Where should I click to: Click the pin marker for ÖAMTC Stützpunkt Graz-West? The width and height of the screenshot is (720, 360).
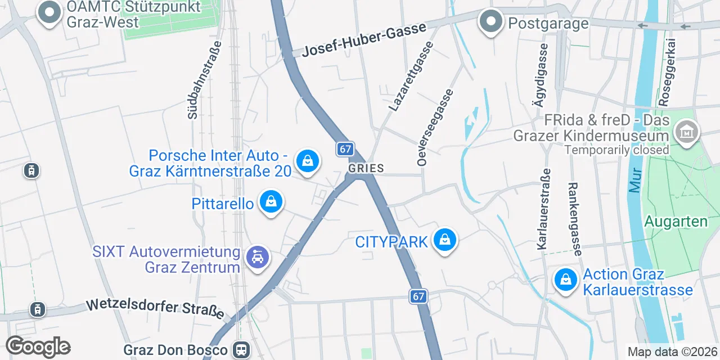(x=50, y=13)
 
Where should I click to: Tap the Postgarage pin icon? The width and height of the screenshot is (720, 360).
(x=491, y=22)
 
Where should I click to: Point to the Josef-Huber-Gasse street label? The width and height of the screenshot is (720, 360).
(x=364, y=40)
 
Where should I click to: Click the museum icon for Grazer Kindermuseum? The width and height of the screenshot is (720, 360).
(x=687, y=133)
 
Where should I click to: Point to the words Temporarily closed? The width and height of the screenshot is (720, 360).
(x=616, y=150)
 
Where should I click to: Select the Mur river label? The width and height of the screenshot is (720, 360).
(x=636, y=181)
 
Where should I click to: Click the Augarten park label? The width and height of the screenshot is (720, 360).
(x=676, y=221)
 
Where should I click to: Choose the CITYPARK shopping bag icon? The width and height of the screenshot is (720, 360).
(x=445, y=240)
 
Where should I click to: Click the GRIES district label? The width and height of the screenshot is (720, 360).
(x=366, y=168)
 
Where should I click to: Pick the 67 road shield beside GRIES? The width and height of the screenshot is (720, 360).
(x=345, y=149)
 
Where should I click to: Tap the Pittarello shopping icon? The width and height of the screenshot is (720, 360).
(x=271, y=201)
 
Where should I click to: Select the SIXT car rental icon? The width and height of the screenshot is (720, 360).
(x=258, y=258)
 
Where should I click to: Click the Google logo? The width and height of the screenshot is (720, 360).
(x=38, y=346)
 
